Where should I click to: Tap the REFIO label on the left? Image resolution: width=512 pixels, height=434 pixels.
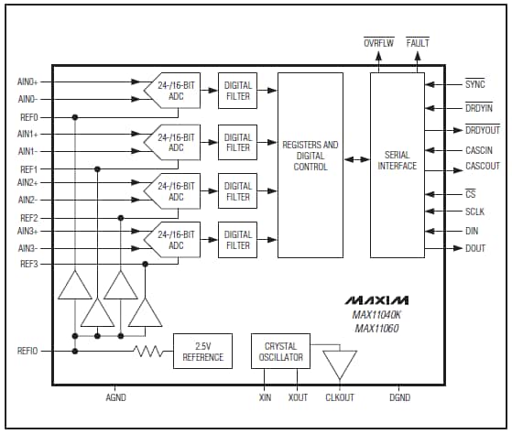coord(27,351)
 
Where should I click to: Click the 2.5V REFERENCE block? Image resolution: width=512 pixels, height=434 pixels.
coord(202,352)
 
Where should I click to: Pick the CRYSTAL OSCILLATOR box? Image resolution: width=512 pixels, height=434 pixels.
coord(280,352)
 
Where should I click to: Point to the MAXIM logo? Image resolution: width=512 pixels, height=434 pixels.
coord(376,300)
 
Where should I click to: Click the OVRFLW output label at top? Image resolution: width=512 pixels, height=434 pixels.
coord(377,43)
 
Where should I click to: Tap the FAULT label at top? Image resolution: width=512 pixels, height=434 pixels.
coord(418,43)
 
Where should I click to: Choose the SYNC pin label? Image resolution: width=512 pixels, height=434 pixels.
coord(474,84)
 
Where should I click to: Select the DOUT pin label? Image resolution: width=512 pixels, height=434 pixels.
coord(475,248)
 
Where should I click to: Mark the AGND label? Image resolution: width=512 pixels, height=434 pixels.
coord(115,398)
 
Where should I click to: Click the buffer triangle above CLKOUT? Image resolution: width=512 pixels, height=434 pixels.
coord(342,363)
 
